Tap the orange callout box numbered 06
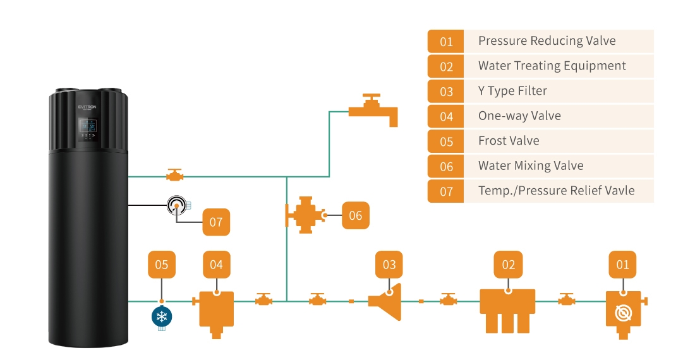click(x=356, y=215)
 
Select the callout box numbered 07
click(x=216, y=222)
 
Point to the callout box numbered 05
click(x=162, y=265)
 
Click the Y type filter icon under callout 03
click(x=387, y=302)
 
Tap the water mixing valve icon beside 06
click(x=305, y=215)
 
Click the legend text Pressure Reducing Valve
click(x=547, y=41)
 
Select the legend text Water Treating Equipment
click(x=552, y=66)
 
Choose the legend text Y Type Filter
click(x=512, y=91)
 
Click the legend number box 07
click(x=446, y=191)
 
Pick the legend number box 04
click(x=446, y=116)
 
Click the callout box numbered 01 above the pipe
click(x=623, y=265)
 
